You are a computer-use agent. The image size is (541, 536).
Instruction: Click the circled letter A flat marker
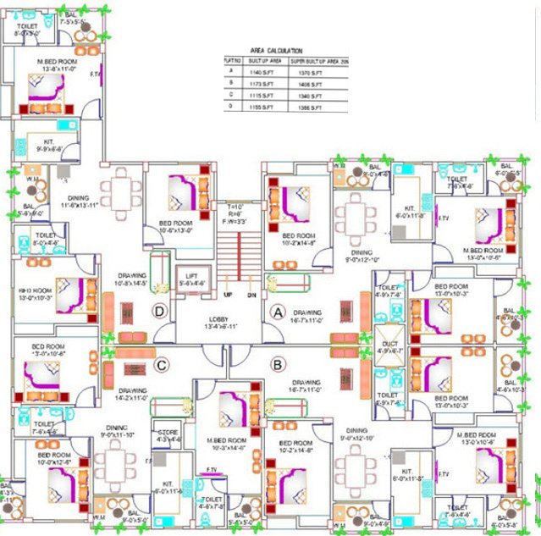275,311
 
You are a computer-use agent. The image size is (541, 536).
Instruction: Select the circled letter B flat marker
276,366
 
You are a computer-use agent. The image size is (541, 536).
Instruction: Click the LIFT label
191,275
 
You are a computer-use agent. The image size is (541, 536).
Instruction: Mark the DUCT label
389,343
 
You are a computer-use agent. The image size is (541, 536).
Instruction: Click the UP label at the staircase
228,296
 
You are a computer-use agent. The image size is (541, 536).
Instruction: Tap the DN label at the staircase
251,296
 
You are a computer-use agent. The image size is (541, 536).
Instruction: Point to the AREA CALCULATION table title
276,51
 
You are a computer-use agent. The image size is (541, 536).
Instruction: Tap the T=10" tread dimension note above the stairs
235,207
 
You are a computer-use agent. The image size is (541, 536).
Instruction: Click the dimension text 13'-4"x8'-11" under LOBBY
219,326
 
